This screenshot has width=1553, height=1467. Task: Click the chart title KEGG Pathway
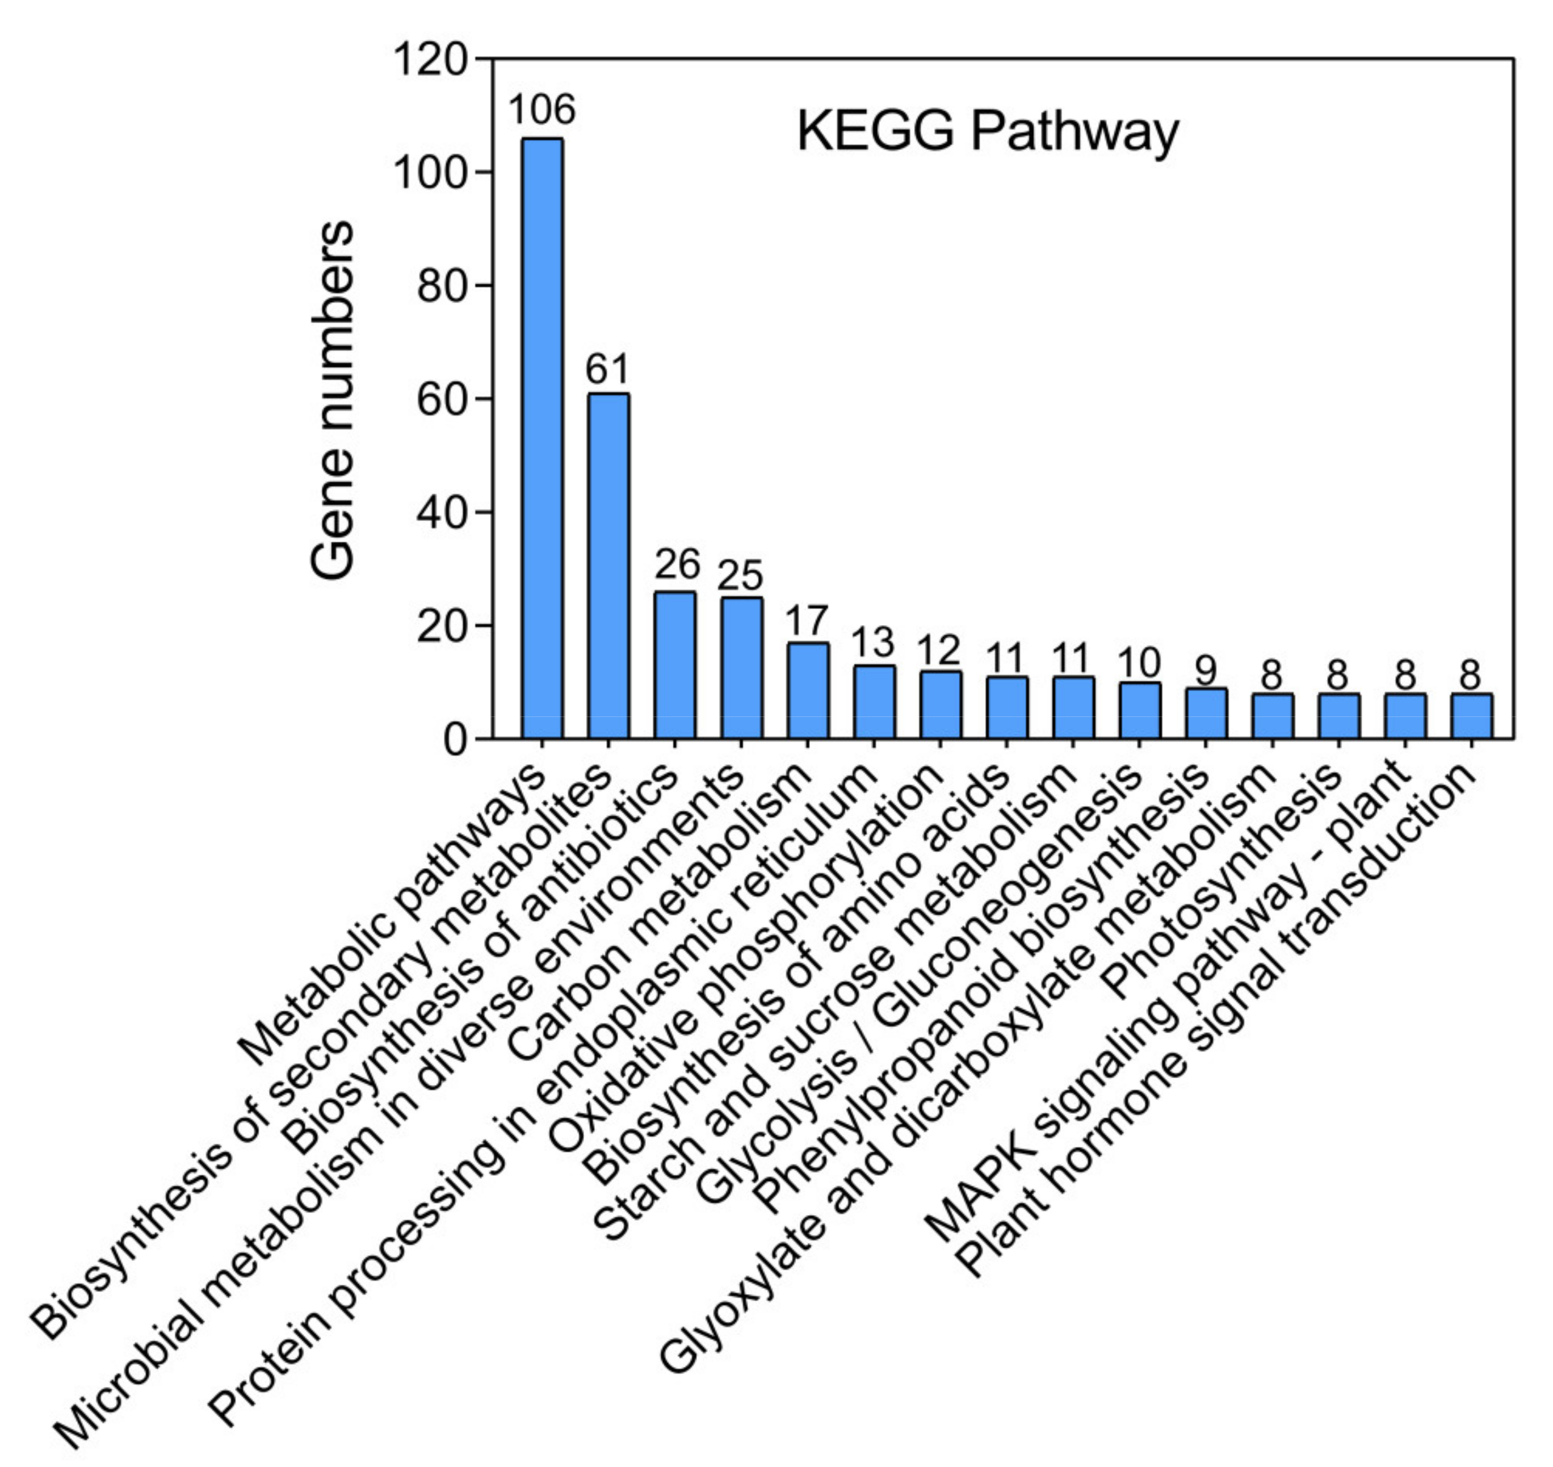pyautogui.click(x=987, y=131)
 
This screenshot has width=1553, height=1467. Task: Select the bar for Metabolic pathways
pyautogui.click(x=542, y=438)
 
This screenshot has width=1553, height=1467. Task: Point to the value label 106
pyautogui.click(x=542, y=110)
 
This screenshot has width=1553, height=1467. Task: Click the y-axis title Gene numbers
pyautogui.click(x=332, y=400)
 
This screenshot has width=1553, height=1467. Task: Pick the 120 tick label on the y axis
pyautogui.click(x=431, y=60)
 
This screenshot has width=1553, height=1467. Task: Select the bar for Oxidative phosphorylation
pyautogui.click(x=940, y=705)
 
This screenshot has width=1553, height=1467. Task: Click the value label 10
pyautogui.click(x=1139, y=663)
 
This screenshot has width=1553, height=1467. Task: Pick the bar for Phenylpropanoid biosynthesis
pyautogui.click(x=1206, y=713)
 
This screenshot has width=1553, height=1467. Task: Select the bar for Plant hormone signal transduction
pyautogui.click(x=1471, y=715)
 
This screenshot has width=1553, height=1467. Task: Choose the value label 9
pyautogui.click(x=1206, y=669)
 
